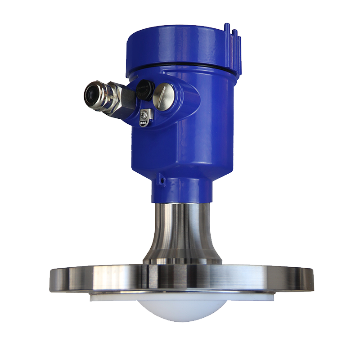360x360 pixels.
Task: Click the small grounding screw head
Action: tap(144, 115)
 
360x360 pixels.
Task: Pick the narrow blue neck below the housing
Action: tap(180, 189)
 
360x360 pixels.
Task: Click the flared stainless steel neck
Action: tap(180, 229)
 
